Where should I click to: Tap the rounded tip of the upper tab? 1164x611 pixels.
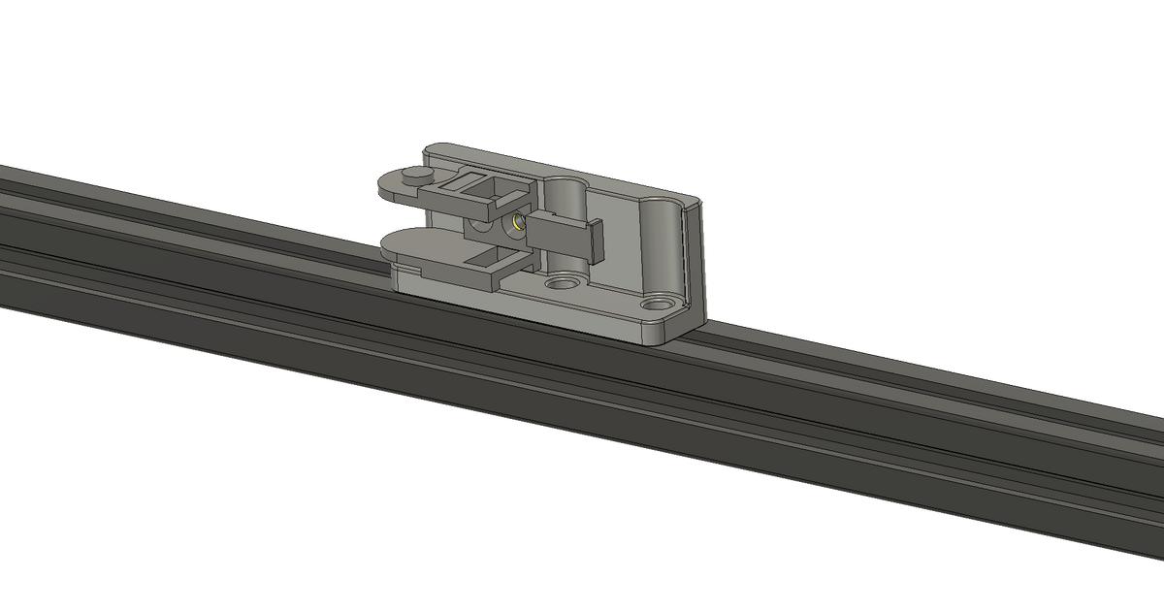[x=386, y=187]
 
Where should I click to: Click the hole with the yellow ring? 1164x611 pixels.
[x=516, y=223]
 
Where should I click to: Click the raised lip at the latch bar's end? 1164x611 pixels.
[x=597, y=241]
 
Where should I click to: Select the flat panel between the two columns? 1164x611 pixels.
[x=616, y=233]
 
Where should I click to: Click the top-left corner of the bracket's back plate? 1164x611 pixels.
[x=424, y=149]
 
